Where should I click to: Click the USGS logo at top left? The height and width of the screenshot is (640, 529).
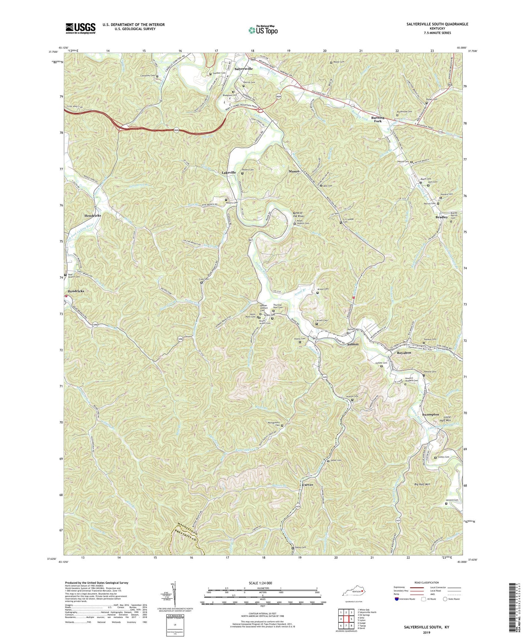[x=80, y=28]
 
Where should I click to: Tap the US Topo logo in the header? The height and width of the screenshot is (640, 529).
[x=262, y=30]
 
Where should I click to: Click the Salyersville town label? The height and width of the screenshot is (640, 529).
[x=243, y=69]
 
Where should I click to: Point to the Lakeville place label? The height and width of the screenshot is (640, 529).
[x=229, y=172]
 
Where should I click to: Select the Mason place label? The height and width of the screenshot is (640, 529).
[x=294, y=171]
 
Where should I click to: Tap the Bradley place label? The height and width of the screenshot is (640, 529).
[x=442, y=217]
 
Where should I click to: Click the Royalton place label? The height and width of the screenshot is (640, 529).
[x=404, y=353]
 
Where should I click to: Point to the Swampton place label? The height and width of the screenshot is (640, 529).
[x=430, y=414]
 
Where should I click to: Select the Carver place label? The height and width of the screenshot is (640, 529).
[x=308, y=485]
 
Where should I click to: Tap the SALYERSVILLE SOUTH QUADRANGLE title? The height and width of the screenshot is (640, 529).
[x=437, y=24]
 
